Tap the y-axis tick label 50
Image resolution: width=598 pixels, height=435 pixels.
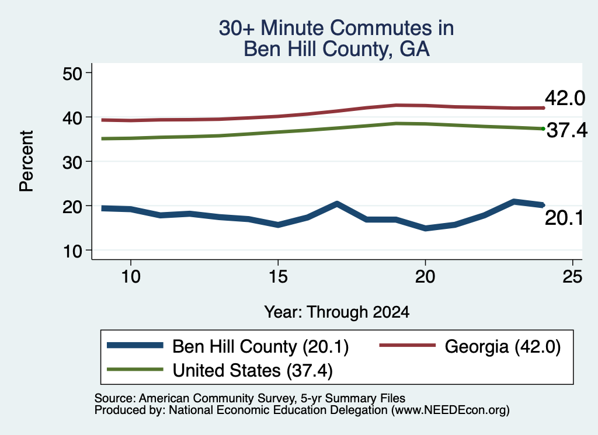point(72,74)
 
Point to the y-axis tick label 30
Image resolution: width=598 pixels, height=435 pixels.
point(72,162)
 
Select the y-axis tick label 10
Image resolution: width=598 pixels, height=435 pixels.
point(72,251)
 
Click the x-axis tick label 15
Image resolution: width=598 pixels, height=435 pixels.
point(278,276)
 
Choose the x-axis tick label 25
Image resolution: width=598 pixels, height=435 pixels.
point(572,276)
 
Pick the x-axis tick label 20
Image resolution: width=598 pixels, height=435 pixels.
point(425,276)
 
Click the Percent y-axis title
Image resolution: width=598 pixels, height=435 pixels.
point(26,161)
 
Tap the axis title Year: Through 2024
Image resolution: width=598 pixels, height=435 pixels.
point(337,312)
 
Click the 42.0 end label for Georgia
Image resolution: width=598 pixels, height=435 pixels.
point(565,98)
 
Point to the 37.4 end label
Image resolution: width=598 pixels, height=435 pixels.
point(567,130)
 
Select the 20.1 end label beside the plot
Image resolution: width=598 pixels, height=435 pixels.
point(564,218)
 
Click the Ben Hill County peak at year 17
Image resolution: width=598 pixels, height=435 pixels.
point(337,204)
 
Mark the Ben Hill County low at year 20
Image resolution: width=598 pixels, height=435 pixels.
point(425,228)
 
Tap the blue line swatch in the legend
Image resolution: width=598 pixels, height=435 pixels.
point(135,346)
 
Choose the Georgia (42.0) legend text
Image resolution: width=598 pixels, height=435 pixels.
point(503,347)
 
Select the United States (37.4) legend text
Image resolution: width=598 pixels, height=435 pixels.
point(252,370)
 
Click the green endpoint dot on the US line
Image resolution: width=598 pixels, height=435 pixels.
point(543,129)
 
